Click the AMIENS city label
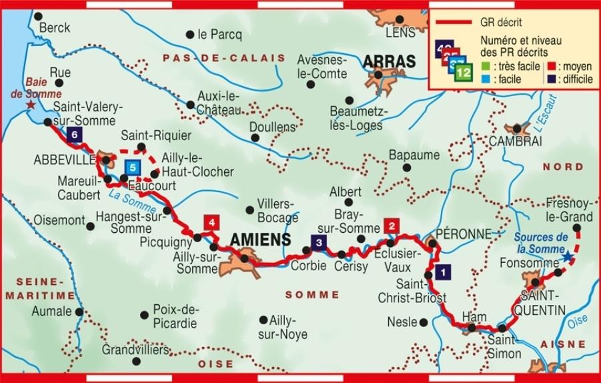tap(260, 240)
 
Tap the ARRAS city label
tap(389, 61)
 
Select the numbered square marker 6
tap(73, 135)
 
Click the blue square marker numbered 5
tap(133, 167)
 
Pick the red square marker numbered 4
tap(211, 222)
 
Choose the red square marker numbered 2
tap(392, 226)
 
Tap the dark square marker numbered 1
tap(442, 272)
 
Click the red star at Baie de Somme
tap(30, 105)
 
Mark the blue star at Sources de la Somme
tap(566, 256)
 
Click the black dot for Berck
tap(38, 16)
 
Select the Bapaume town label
tap(414, 155)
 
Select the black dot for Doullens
tap(255, 138)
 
